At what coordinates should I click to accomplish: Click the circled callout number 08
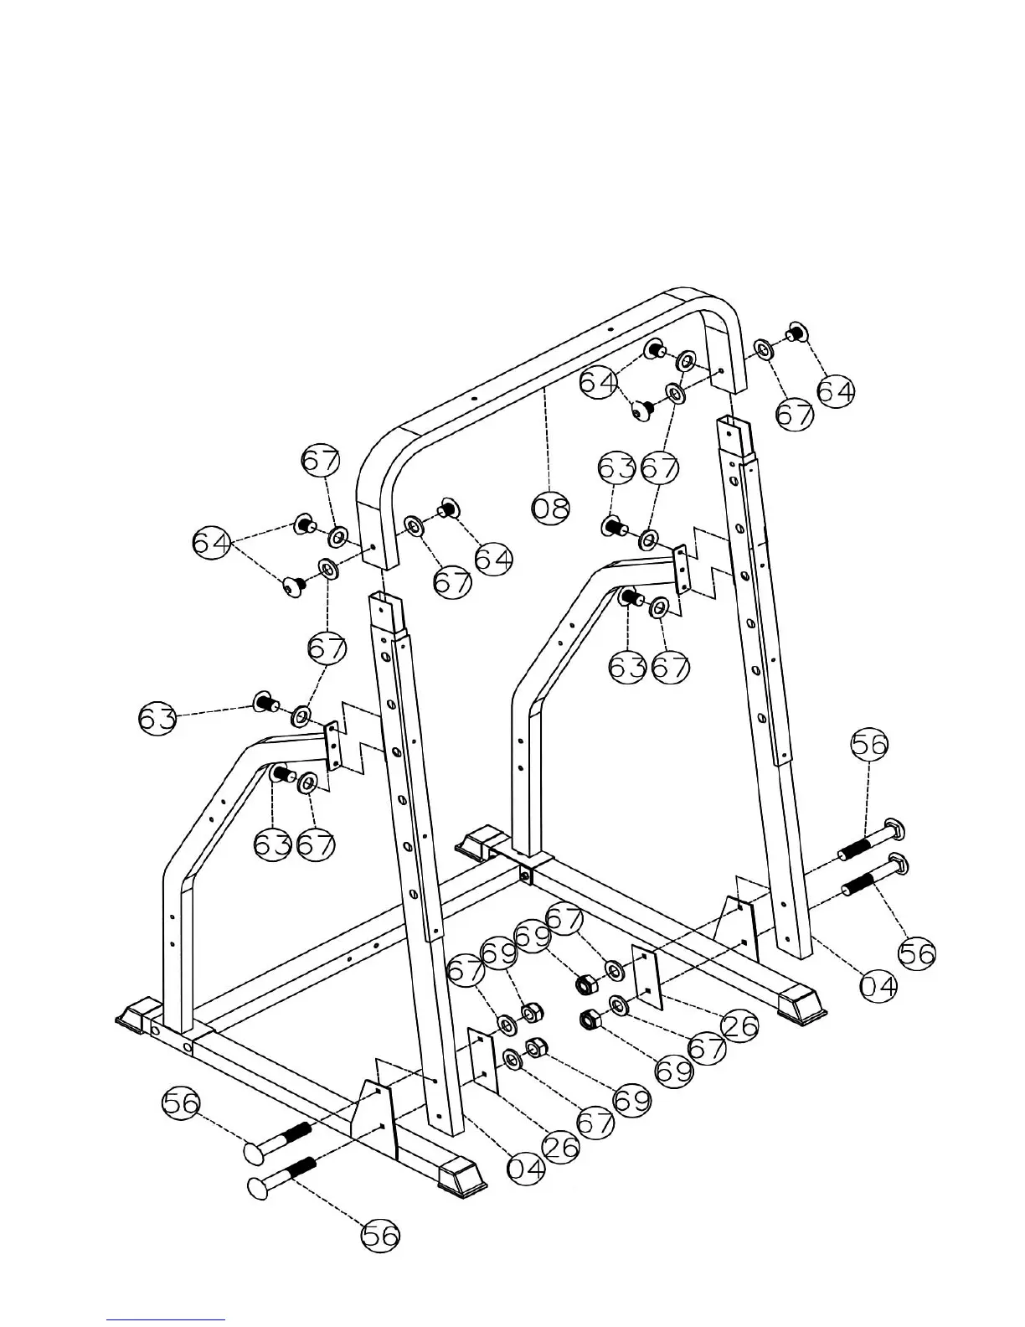coord(551,507)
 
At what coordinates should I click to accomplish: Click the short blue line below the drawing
coord(166,1319)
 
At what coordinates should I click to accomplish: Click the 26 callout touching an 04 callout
coord(560,1146)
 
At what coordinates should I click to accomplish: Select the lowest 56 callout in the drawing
coord(381,1236)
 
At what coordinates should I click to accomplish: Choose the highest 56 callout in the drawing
coord(869,744)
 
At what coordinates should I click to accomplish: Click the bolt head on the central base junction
coord(525,875)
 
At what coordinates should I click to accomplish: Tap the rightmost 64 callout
coord(836,391)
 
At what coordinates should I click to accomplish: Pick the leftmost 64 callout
coord(212,543)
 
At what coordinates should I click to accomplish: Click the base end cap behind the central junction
coord(479,842)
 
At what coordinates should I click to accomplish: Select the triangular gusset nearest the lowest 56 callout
coord(374,1114)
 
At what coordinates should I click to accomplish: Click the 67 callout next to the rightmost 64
coord(794,416)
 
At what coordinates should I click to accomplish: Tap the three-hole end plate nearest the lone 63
coord(333,744)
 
